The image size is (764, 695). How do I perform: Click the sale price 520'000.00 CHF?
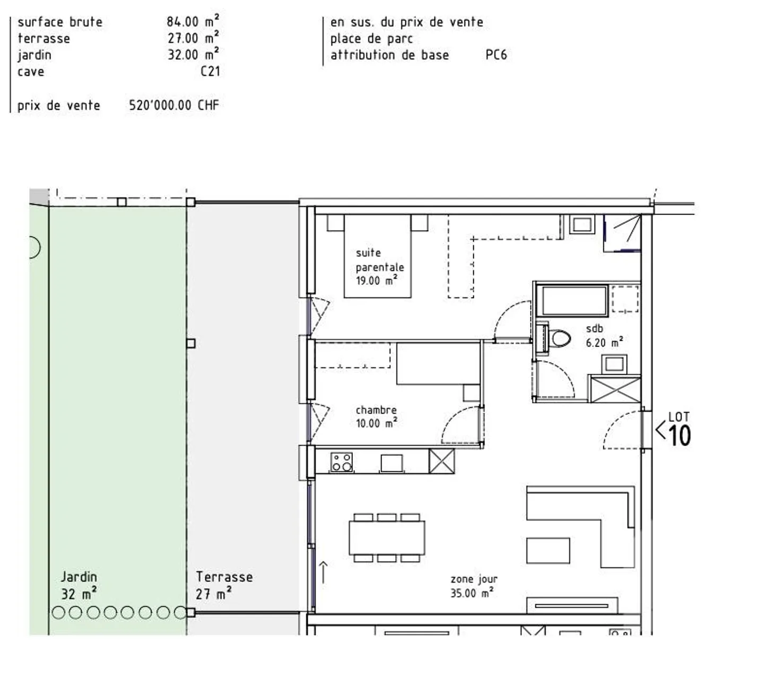174,105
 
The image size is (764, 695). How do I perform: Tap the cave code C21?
210,72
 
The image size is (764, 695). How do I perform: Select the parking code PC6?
496,55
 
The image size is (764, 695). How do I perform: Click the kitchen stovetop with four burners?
342,462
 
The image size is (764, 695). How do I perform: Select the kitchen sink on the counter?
392,463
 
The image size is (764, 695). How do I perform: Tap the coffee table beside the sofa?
548,550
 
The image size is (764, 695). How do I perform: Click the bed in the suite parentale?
377,256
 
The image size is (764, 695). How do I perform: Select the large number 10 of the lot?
680,435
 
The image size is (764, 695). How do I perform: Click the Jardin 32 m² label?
79,585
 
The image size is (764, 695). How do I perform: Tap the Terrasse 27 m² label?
224,585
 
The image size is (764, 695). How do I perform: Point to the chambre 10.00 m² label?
377,416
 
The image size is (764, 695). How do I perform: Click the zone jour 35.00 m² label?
474,586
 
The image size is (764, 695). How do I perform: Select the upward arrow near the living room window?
323,572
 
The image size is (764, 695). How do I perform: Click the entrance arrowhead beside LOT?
661,430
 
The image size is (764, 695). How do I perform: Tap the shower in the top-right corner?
622,233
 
